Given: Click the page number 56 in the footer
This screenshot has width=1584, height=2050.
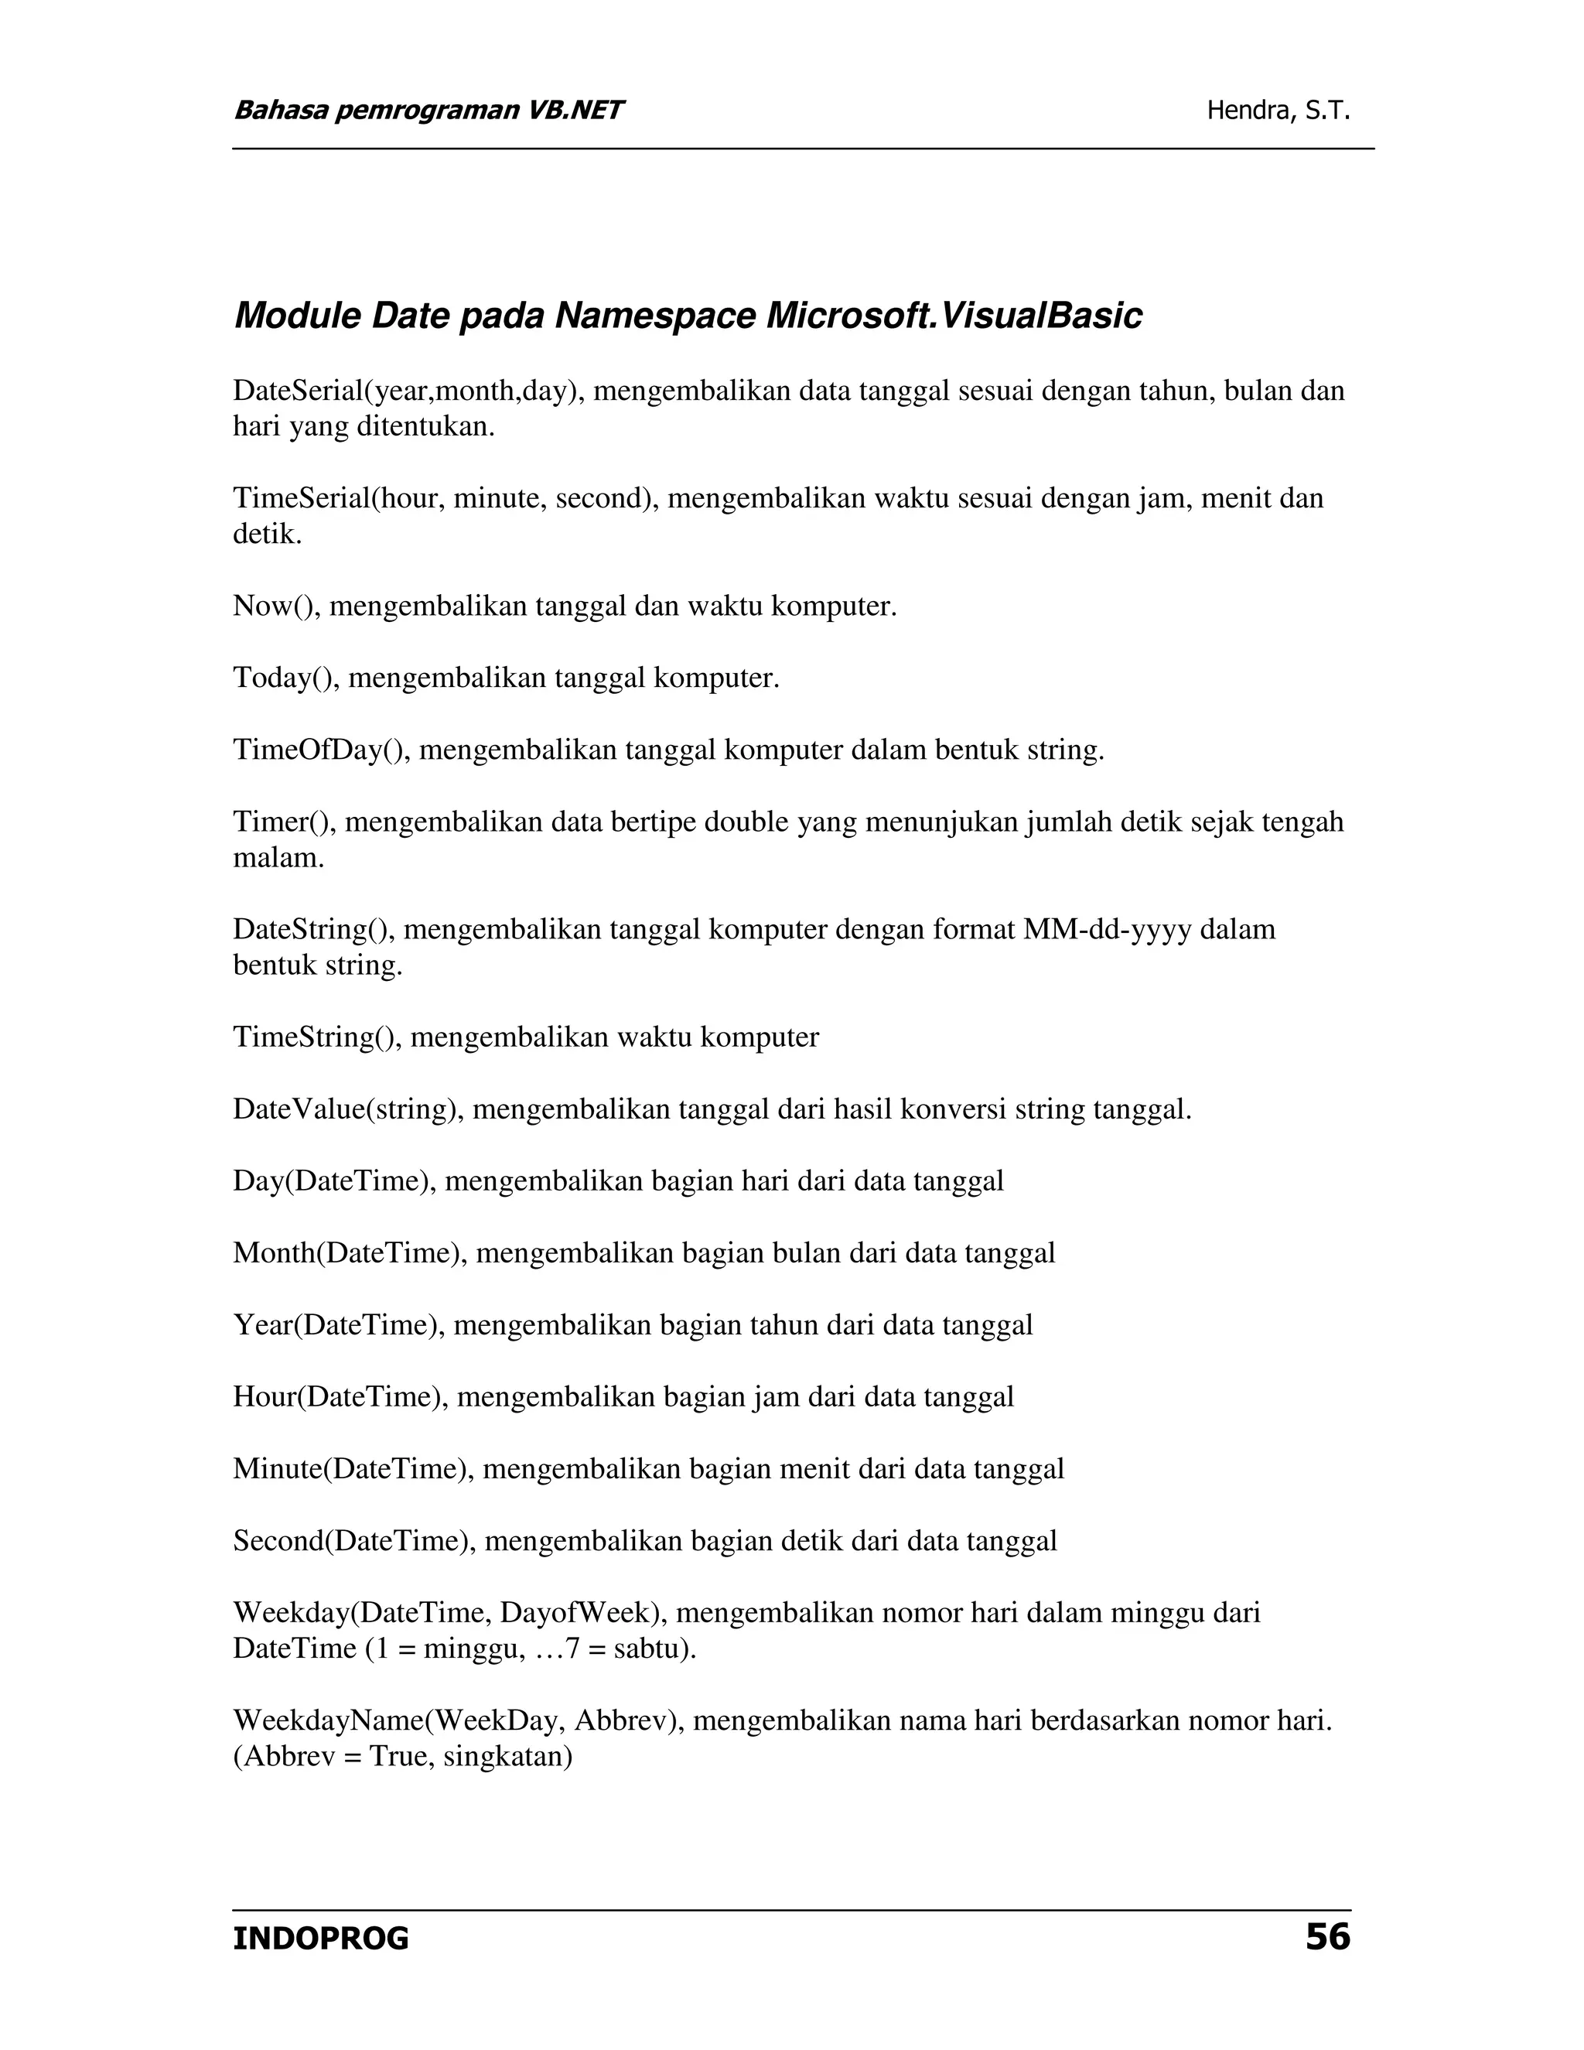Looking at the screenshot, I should [x=1327, y=1937].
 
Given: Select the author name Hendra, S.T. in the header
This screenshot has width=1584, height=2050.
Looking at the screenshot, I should [x=1278, y=111].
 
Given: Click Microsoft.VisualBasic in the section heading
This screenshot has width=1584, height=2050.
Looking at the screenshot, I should [x=954, y=316].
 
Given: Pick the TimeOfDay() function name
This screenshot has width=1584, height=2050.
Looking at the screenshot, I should [x=321, y=750].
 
